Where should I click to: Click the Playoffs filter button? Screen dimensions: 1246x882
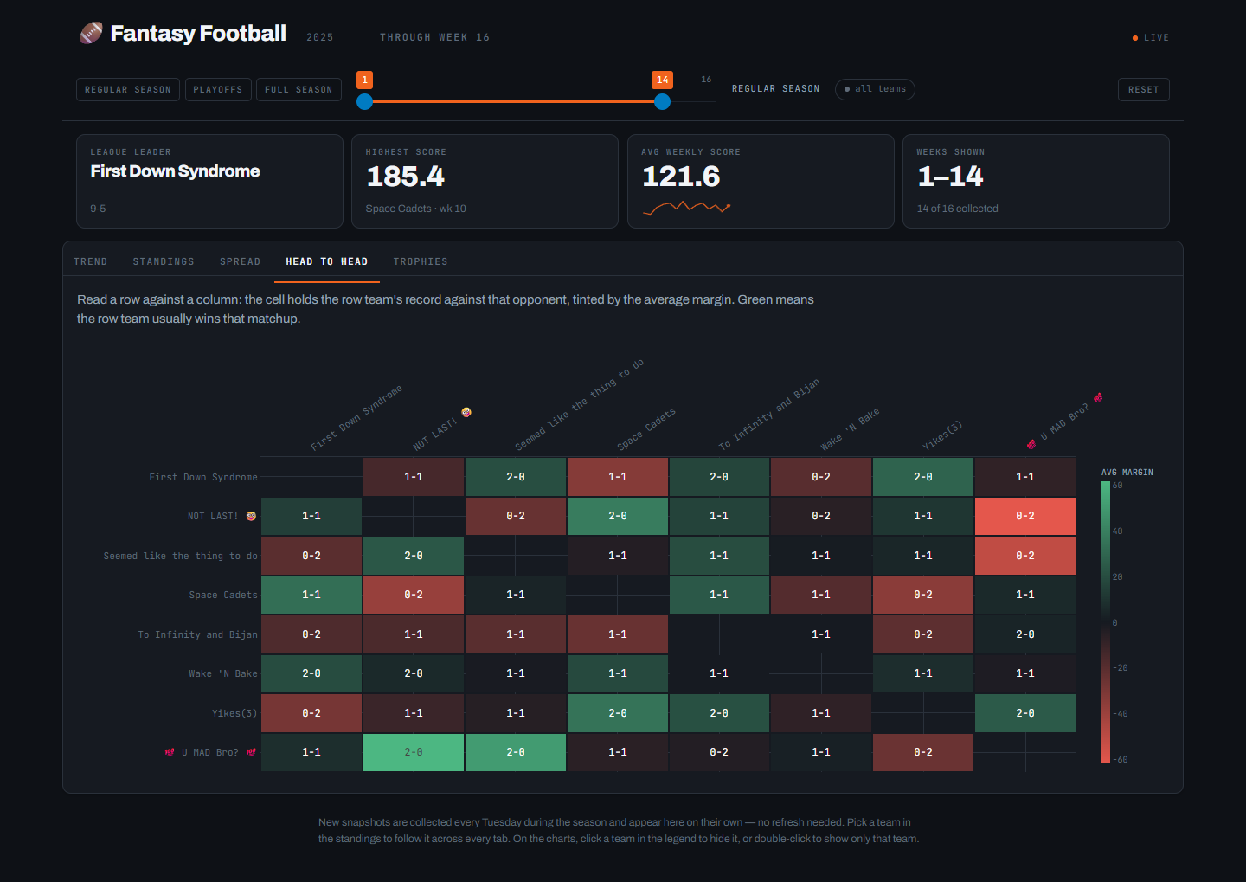point(218,90)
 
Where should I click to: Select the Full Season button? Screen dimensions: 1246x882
point(299,90)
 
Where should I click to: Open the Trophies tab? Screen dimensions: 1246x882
point(421,261)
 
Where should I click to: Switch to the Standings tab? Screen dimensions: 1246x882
point(164,261)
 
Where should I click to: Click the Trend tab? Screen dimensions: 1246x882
point(91,261)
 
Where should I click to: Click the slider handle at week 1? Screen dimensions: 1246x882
point(364,102)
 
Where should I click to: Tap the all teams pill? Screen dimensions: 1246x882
point(875,89)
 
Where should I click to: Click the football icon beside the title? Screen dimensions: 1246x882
point(91,33)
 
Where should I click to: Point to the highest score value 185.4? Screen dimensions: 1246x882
point(406,177)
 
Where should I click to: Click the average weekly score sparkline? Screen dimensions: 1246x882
point(686,208)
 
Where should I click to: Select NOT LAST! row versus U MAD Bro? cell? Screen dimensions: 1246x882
point(1024,516)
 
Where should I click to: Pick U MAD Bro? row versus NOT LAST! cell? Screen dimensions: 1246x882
point(414,752)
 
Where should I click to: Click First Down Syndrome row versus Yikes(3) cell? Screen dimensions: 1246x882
point(922,477)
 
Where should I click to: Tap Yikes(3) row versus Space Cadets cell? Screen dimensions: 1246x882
point(618,713)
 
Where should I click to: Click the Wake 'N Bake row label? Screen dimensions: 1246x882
point(223,674)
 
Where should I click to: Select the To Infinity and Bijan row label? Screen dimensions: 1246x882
point(197,634)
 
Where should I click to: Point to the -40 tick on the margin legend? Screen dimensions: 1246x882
point(1121,713)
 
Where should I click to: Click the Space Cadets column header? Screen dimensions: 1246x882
point(646,428)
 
